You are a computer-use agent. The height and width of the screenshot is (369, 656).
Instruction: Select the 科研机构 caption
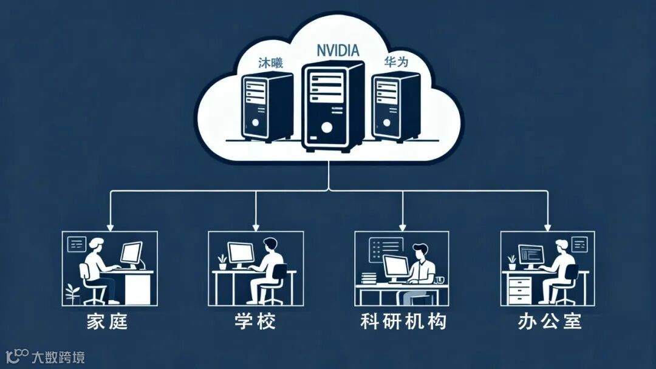pos(403,321)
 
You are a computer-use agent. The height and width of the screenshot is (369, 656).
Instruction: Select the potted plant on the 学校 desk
pos(222,262)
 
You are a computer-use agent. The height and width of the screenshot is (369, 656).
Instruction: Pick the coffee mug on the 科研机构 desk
pos(439,280)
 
